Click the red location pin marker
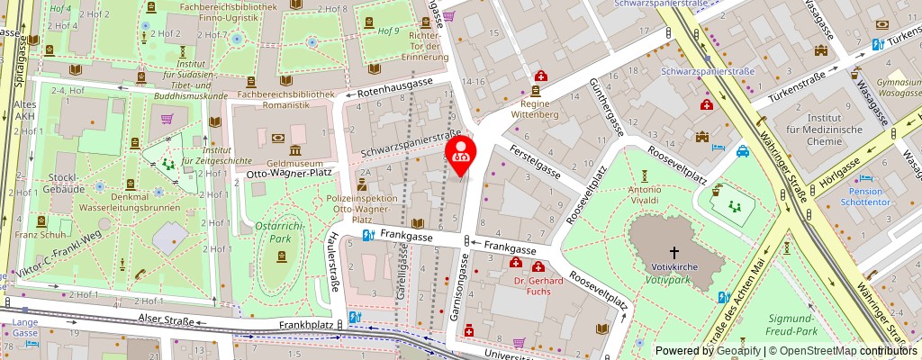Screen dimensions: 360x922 462,151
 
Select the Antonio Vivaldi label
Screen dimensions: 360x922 646,195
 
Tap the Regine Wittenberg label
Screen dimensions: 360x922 536,109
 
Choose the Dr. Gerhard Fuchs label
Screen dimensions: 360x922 538,286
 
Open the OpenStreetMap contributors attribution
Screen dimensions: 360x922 846,350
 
